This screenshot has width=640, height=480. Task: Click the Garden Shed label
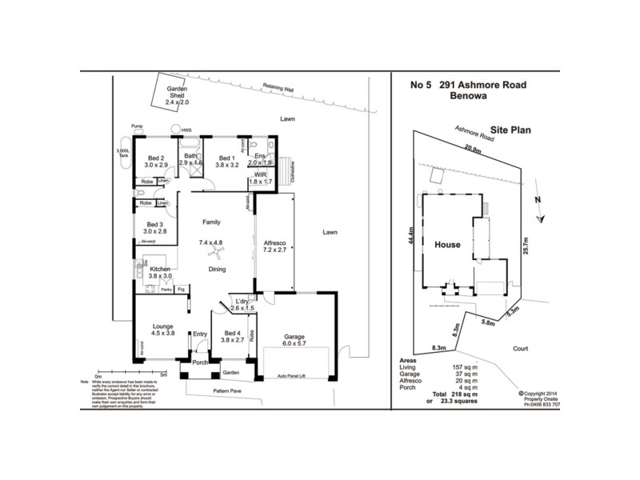pyautogui.click(x=175, y=95)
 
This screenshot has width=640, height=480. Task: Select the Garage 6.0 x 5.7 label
pyautogui.click(x=298, y=341)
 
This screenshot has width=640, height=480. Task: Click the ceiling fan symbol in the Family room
pyautogui.click(x=214, y=254)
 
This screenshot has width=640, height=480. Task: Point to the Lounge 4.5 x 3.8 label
pyautogui.click(x=162, y=330)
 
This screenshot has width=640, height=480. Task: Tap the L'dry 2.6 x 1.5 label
pyautogui.click(x=241, y=304)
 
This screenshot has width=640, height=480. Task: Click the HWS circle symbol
pyautogui.click(x=174, y=130)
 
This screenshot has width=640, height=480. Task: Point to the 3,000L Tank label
pyautogui.click(x=123, y=153)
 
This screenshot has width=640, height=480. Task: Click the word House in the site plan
pyautogui.click(x=447, y=245)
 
